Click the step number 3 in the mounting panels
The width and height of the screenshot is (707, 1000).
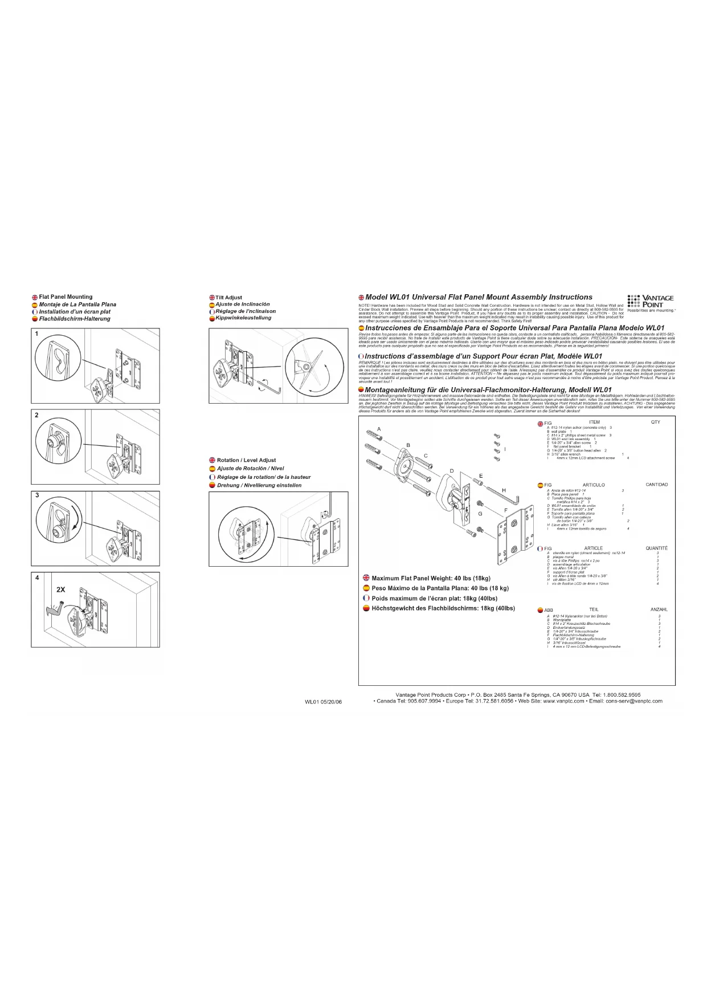click(x=38, y=495)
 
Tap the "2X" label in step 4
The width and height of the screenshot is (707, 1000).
click(x=61, y=590)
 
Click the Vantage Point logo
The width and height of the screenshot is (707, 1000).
click(x=651, y=302)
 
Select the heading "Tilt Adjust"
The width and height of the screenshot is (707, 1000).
click(x=228, y=298)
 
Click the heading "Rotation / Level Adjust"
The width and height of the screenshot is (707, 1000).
click(x=246, y=460)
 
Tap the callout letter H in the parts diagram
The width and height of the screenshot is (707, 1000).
click(x=504, y=490)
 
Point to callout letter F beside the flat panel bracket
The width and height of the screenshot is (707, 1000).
click(x=505, y=510)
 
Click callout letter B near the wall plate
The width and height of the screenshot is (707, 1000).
click(x=408, y=445)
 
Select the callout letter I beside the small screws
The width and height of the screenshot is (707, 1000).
click(x=505, y=449)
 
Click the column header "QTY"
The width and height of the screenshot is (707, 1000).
click(x=655, y=422)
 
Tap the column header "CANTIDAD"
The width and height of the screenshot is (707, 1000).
click(x=656, y=485)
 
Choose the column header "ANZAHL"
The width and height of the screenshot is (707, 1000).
click(x=659, y=609)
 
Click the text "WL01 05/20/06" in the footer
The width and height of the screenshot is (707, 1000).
click(x=323, y=702)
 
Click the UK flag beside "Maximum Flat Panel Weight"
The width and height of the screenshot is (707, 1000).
click(x=366, y=578)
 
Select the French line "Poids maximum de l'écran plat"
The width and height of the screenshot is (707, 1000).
click(x=434, y=598)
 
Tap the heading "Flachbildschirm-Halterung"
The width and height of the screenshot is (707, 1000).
click(x=75, y=319)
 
